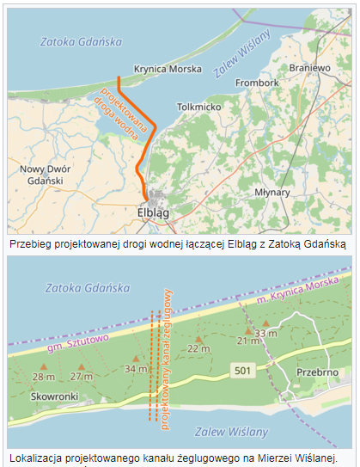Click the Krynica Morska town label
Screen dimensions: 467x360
tap(168, 68)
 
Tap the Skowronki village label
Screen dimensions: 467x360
tap(55, 398)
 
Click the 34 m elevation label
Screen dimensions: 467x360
tap(136, 369)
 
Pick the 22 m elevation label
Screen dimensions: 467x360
tap(198, 347)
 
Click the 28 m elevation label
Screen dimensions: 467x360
tap(43, 377)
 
